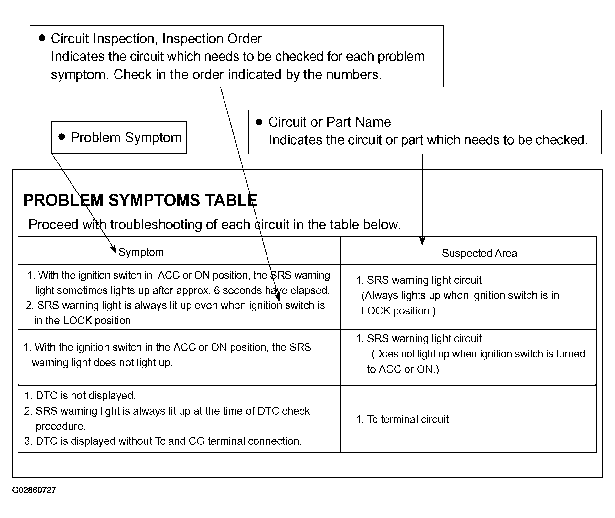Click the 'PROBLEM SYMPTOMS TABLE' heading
click(140, 200)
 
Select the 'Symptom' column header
click(141, 252)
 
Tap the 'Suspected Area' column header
click(479, 253)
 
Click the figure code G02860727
click(34, 490)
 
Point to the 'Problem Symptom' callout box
click(119, 137)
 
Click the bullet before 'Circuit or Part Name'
click(259, 122)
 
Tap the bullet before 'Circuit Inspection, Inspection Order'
click(42, 38)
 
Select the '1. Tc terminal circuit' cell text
click(402, 419)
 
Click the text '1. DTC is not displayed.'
click(80, 396)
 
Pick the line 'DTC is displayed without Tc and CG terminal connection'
click(163, 441)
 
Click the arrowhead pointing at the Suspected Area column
click(422, 241)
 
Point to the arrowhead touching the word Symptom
click(113, 249)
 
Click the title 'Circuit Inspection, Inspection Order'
click(156, 39)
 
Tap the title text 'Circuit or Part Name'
click(329, 122)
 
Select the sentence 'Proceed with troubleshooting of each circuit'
click(214, 225)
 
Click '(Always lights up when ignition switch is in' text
click(460, 295)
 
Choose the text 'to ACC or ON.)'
click(403, 369)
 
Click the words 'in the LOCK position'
click(82, 321)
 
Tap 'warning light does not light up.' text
click(102, 363)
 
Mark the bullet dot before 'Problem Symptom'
click(62, 137)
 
